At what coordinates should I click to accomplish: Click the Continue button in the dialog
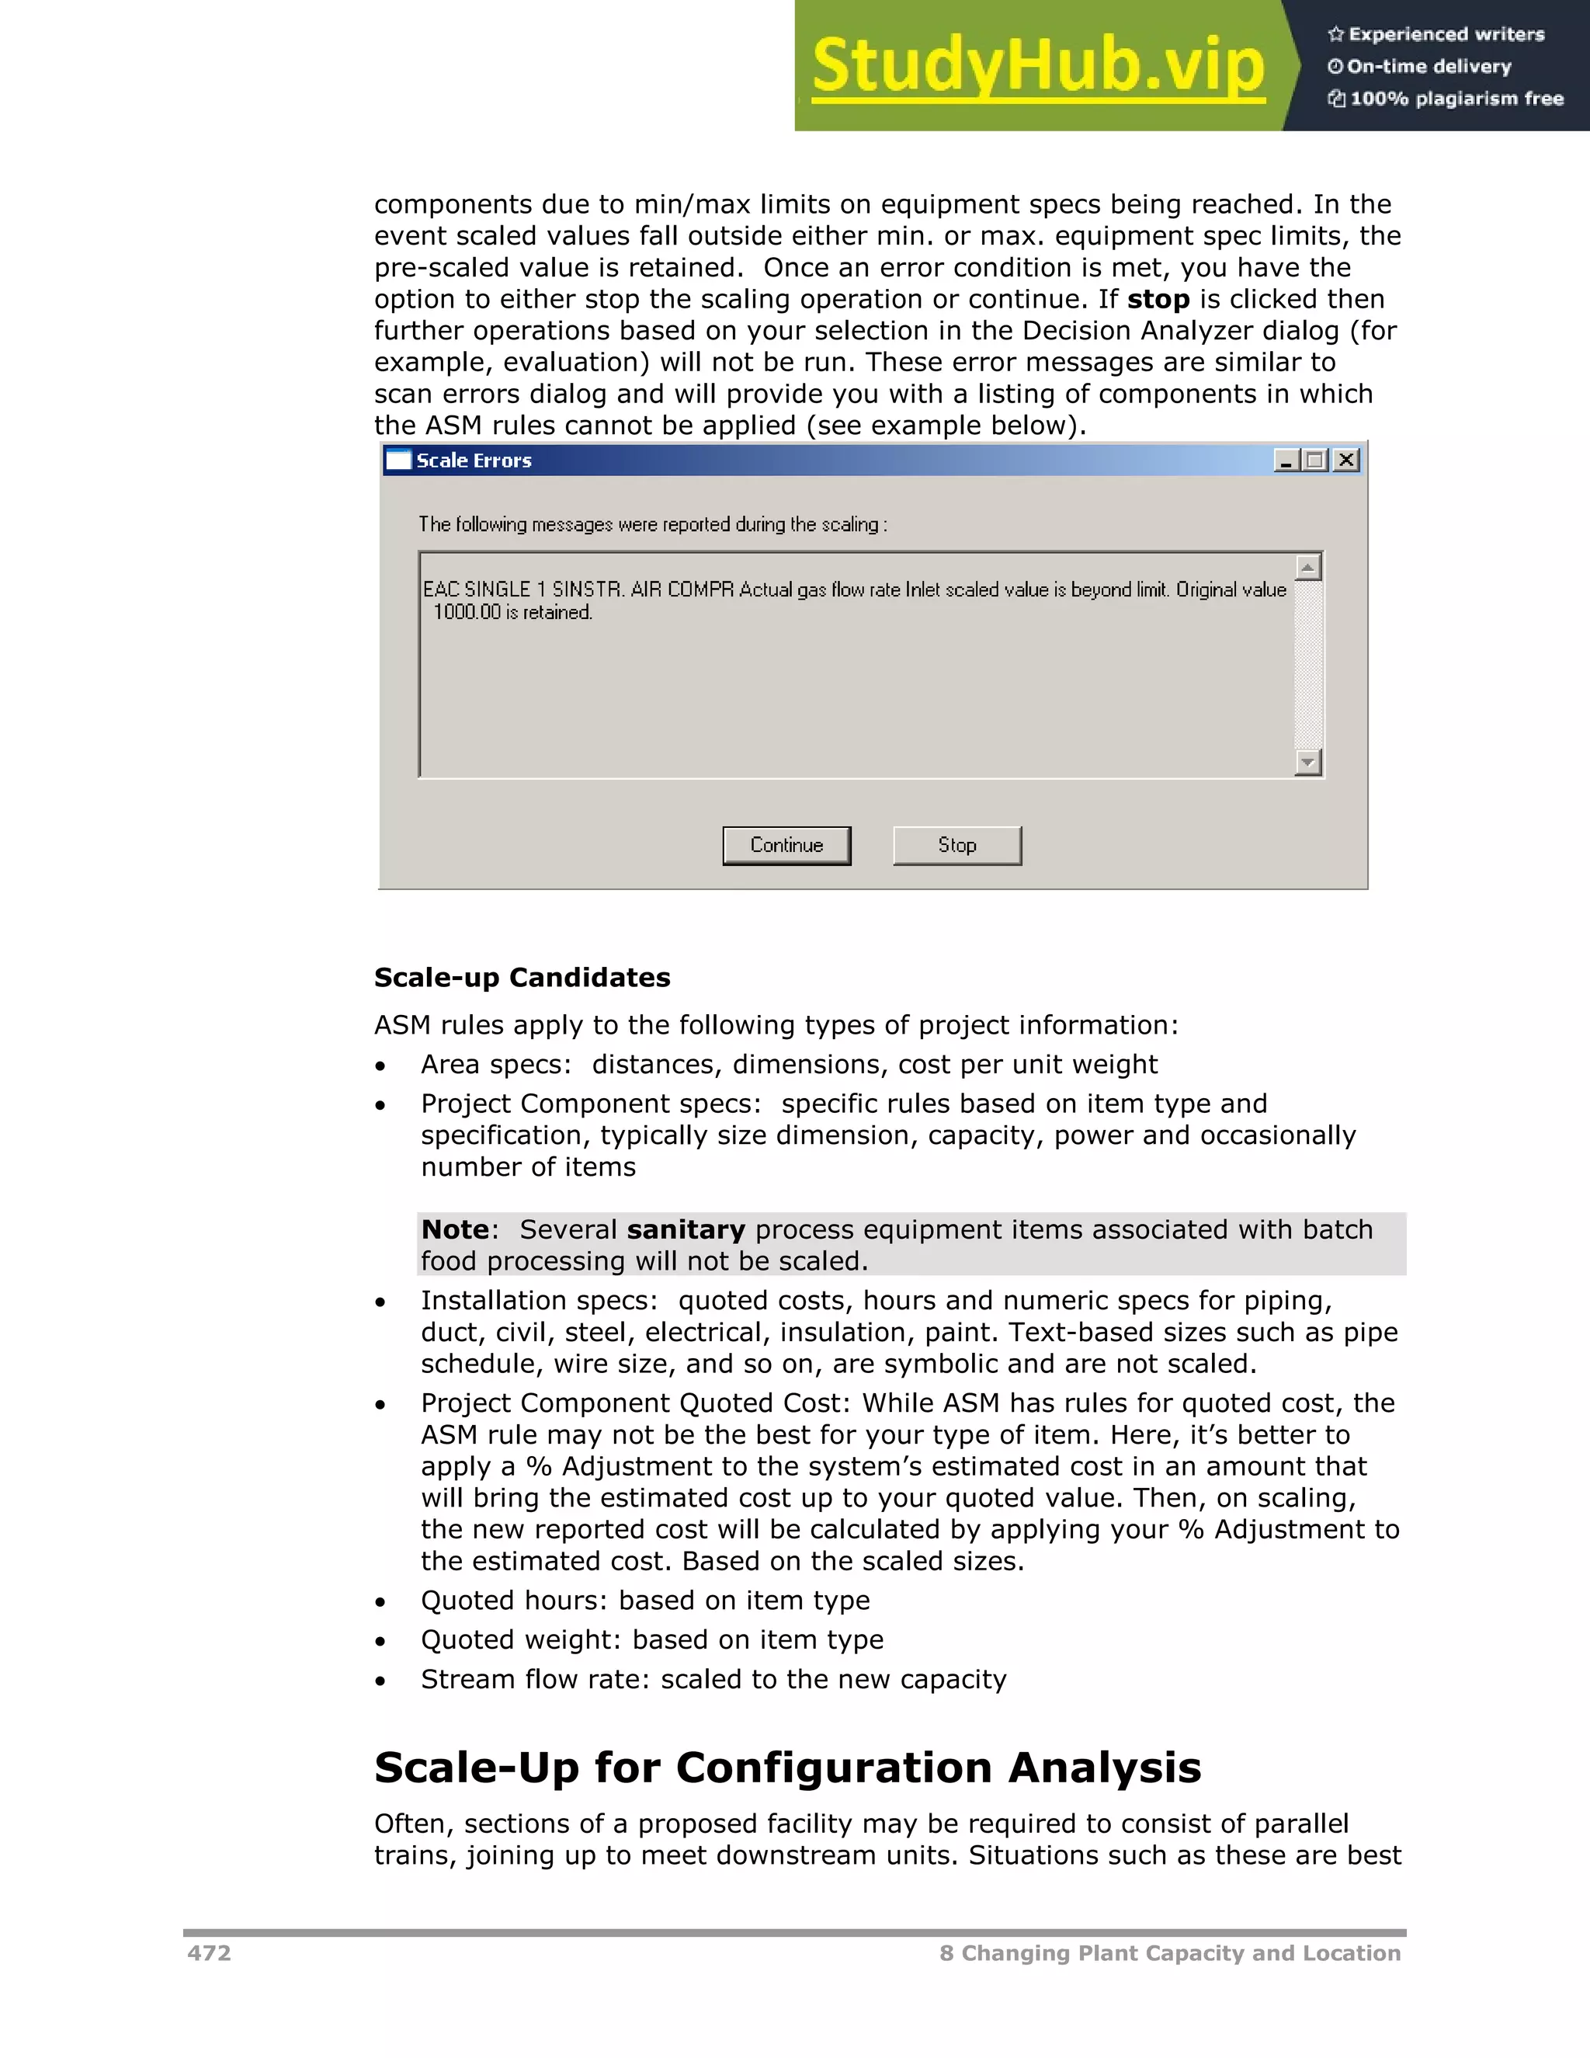click(786, 845)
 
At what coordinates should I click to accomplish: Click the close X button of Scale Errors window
click(1347, 460)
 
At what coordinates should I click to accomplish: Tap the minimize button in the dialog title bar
click(1286, 460)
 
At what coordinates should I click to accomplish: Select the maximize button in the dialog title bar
click(1316, 460)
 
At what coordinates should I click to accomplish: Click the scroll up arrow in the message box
click(1307, 567)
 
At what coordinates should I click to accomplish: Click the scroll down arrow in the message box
click(1307, 761)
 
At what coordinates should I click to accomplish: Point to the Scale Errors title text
click(474, 461)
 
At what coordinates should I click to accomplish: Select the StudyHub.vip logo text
click(1038, 66)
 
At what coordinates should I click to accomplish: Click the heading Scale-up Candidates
click(522, 977)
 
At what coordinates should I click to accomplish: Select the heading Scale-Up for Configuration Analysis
click(787, 1768)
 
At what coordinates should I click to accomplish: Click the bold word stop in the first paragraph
click(1158, 300)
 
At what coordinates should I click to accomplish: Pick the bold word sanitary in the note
click(686, 1229)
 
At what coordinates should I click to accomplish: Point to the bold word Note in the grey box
click(455, 1229)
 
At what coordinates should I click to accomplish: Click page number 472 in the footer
click(209, 1952)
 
